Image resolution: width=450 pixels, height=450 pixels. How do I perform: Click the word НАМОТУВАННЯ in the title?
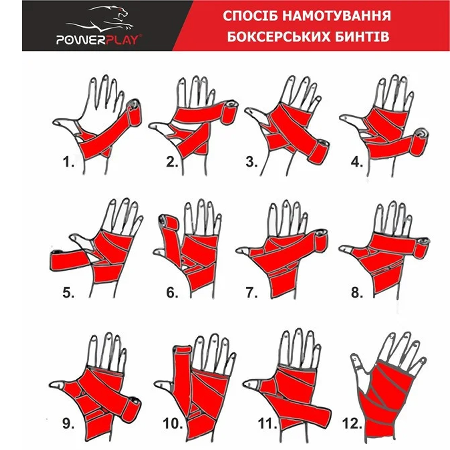coord(337,16)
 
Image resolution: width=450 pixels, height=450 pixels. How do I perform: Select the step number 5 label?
coord(69,292)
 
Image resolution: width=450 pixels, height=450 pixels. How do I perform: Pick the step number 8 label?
coord(356,292)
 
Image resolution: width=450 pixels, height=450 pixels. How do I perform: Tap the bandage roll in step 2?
coord(230,112)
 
